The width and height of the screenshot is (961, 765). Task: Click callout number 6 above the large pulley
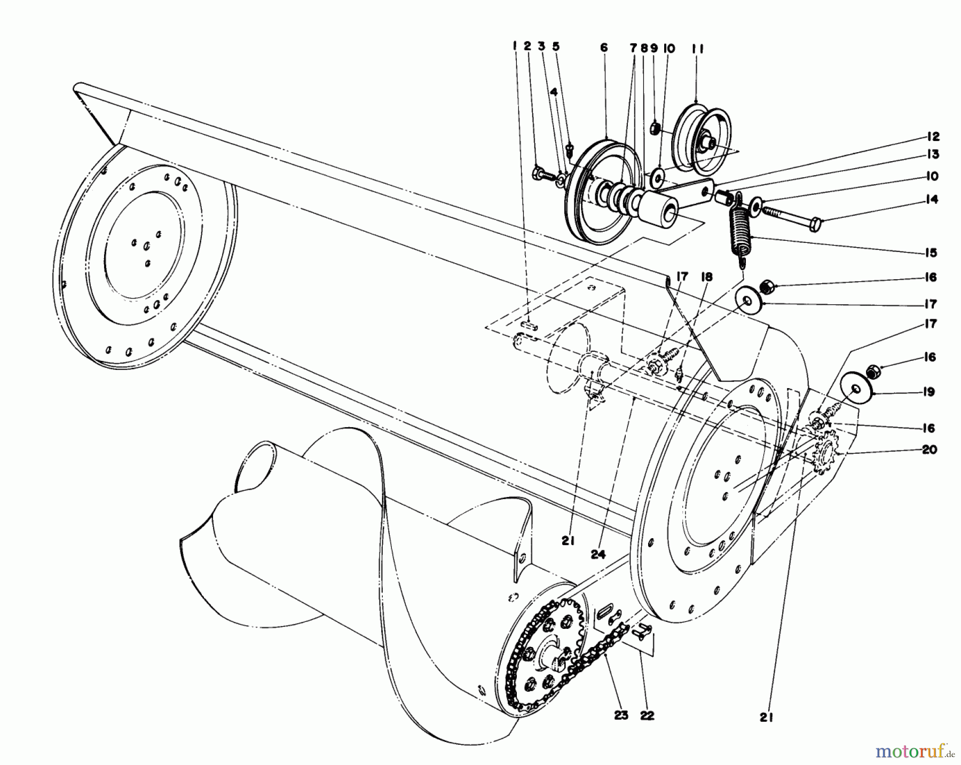click(x=604, y=48)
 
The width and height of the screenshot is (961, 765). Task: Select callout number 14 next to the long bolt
click(x=932, y=200)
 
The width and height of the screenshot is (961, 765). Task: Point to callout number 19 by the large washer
click(x=929, y=392)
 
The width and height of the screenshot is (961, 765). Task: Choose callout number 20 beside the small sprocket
click(x=929, y=449)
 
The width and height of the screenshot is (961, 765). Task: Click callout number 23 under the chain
click(x=621, y=715)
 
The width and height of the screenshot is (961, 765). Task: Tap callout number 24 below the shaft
click(x=599, y=555)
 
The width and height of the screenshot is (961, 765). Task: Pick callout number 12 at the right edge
click(x=933, y=137)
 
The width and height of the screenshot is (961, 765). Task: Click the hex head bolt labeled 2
click(x=538, y=173)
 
